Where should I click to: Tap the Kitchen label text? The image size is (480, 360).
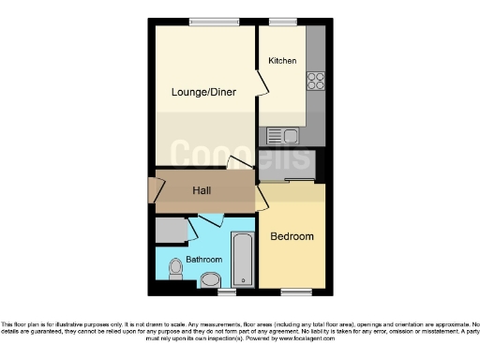[x=282, y=61]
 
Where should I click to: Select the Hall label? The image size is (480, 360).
[x=202, y=190]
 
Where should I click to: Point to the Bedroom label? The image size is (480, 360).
[x=292, y=236]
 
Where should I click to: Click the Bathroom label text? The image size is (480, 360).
[x=203, y=259]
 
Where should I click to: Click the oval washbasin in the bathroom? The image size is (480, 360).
[x=212, y=278]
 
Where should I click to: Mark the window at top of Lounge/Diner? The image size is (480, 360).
[x=208, y=22]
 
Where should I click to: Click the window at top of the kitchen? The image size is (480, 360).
[x=282, y=22]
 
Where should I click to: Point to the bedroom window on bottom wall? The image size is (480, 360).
[x=291, y=292]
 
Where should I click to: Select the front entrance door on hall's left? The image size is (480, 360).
[x=151, y=190]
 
